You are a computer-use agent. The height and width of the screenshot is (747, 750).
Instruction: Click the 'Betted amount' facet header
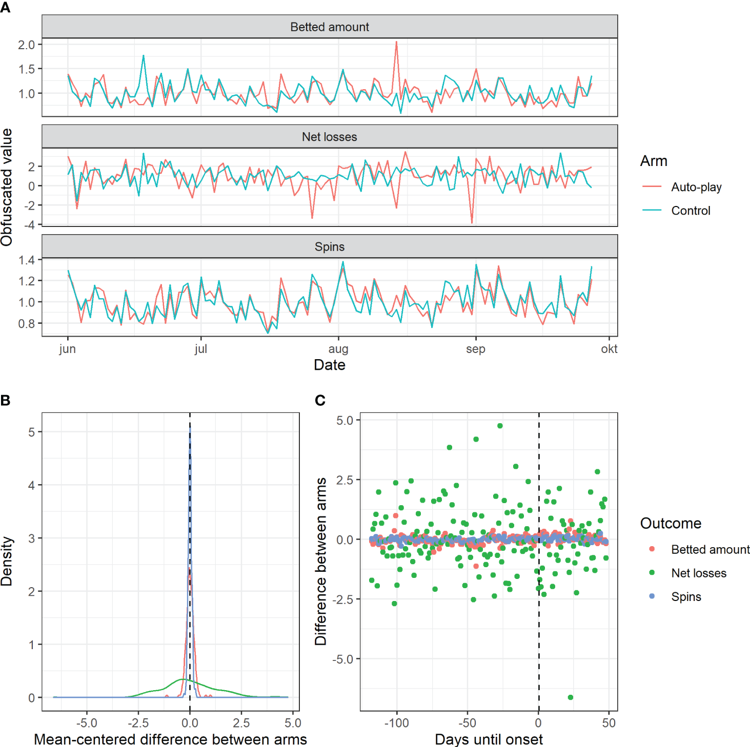click(329, 27)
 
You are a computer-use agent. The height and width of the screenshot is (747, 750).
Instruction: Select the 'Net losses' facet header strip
click(329, 137)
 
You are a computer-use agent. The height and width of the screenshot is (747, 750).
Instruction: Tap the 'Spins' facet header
click(329, 247)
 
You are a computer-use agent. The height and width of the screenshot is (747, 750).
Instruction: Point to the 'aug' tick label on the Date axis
click(338, 349)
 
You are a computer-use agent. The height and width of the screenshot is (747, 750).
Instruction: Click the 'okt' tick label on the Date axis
click(609, 349)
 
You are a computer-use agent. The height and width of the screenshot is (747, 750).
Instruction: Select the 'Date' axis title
click(329, 365)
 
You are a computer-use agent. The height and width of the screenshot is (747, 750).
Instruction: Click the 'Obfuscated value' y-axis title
click(7, 187)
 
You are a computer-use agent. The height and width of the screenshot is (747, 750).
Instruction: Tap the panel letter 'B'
click(6, 400)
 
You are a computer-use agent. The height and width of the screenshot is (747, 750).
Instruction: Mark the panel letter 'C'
click(320, 400)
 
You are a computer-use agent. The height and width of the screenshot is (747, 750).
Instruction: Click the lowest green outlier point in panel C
click(571, 697)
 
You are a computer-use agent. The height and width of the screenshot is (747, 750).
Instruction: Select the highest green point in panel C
click(500, 426)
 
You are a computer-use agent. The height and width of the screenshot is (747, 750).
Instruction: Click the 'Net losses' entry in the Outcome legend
click(698, 573)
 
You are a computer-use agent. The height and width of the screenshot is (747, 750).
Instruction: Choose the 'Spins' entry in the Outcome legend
click(686, 597)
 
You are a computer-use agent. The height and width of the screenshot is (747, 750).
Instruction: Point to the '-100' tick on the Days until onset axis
click(396, 723)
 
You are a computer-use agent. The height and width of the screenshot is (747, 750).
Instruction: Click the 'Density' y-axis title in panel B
click(7, 561)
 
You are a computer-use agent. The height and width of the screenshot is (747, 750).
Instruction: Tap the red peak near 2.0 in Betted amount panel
click(396, 43)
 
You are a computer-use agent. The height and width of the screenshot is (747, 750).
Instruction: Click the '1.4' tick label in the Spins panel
click(27, 260)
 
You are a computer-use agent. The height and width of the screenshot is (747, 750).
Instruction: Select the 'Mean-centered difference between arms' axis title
click(170, 739)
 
